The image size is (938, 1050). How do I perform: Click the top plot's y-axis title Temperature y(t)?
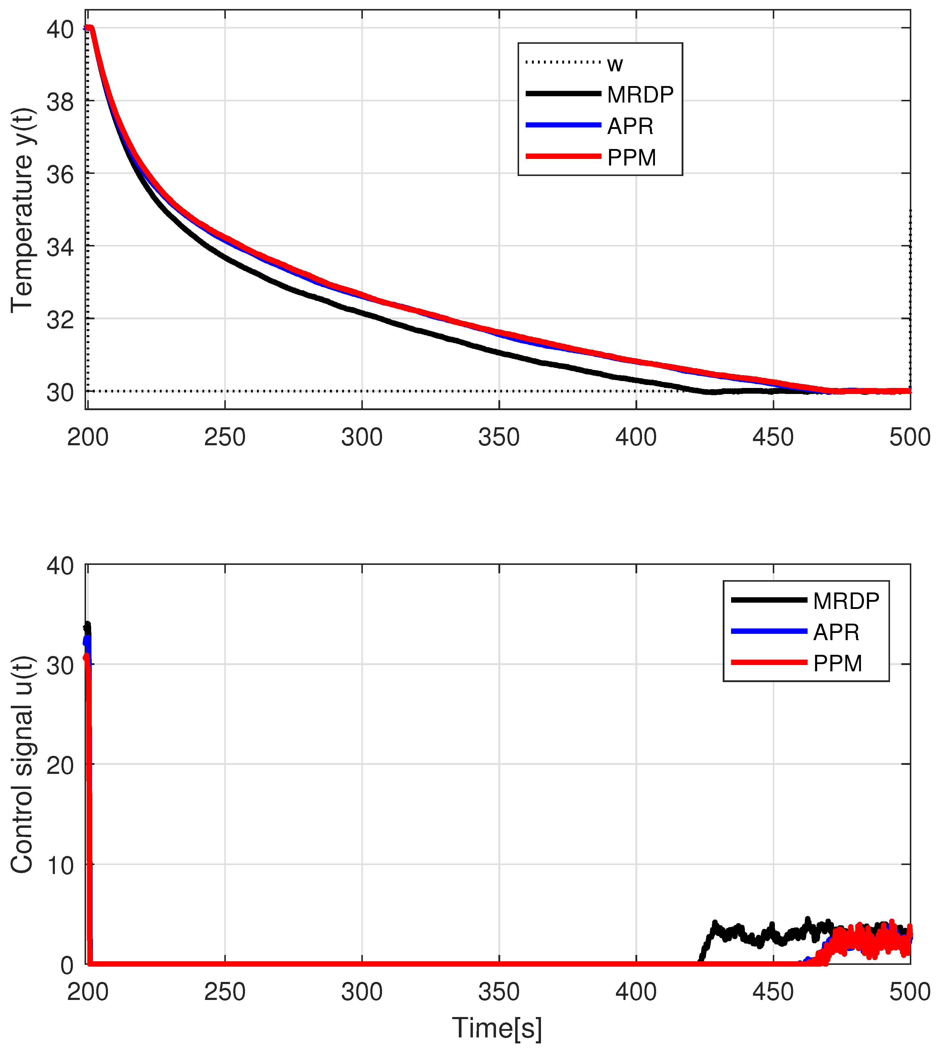[x=22, y=210]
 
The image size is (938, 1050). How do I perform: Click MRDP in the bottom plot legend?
[x=846, y=601]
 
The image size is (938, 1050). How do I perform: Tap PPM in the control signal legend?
[x=838, y=664]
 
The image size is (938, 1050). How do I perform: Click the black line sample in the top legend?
[x=563, y=94]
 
